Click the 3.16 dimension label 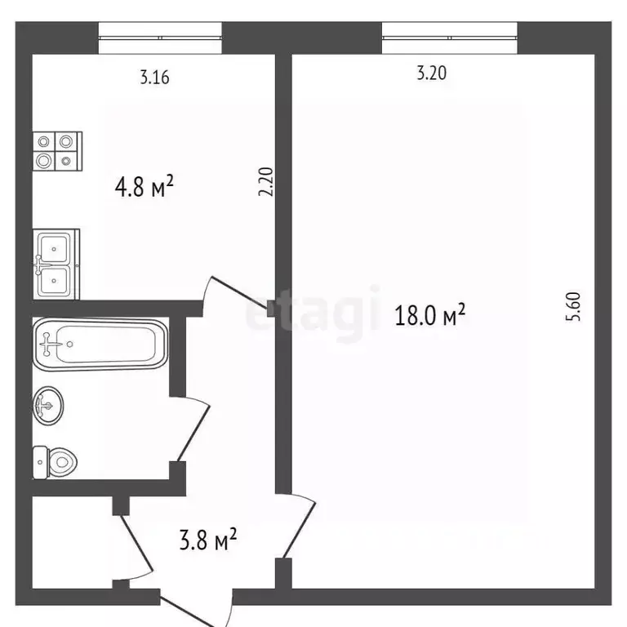[155, 78]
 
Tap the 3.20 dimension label [431, 73]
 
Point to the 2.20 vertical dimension [266, 181]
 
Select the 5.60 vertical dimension [573, 307]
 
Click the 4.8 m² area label [144, 187]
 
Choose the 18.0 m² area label [430, 314]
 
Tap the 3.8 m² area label [208, 539]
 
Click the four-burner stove [58, 151]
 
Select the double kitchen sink [56, 264]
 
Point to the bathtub [100, 345]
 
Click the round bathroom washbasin [48, 406]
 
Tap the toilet [55, 463]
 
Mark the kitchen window [160, 38]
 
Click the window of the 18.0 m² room [450, 38]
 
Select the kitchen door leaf [239, 293]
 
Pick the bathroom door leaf [193, 434]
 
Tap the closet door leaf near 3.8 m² [137, 543]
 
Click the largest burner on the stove [43, 161]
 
